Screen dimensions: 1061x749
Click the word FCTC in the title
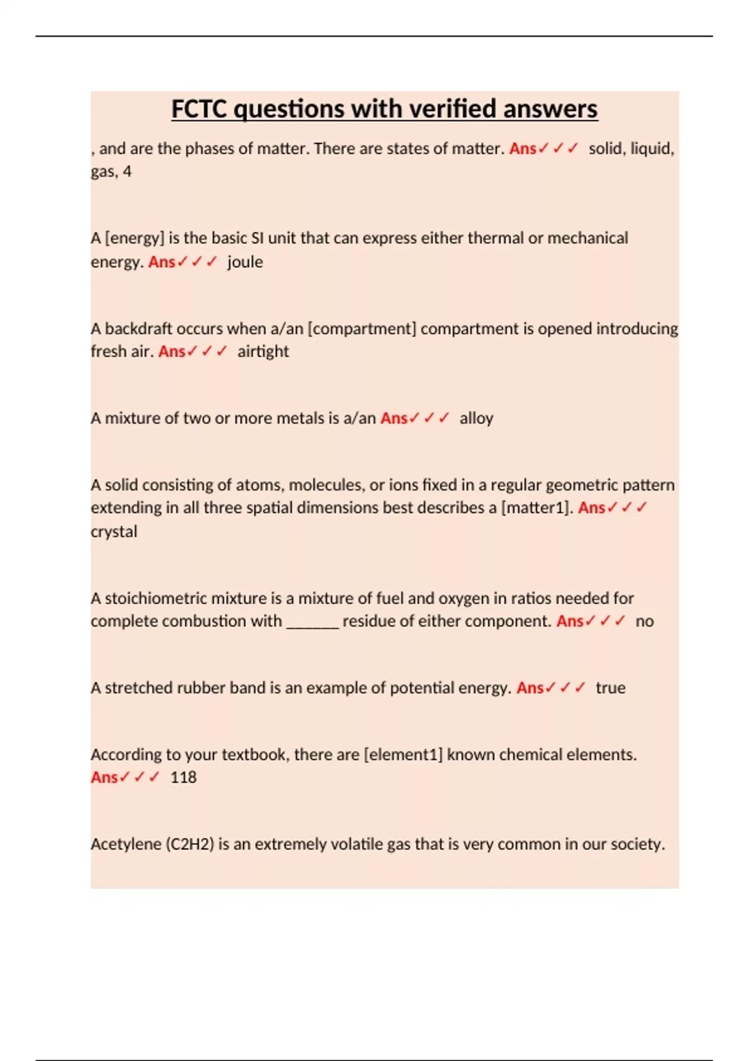[200, 109]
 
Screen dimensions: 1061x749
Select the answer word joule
[245, 262]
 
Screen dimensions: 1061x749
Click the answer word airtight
[263, 352]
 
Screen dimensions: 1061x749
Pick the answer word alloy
[476, 418]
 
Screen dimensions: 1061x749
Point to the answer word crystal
[114, 532]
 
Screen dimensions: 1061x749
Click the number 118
[183, 778]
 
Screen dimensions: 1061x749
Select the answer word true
[610, 688]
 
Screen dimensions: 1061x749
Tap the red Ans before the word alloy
[394, 418]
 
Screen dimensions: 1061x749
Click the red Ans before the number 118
[104, 778]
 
